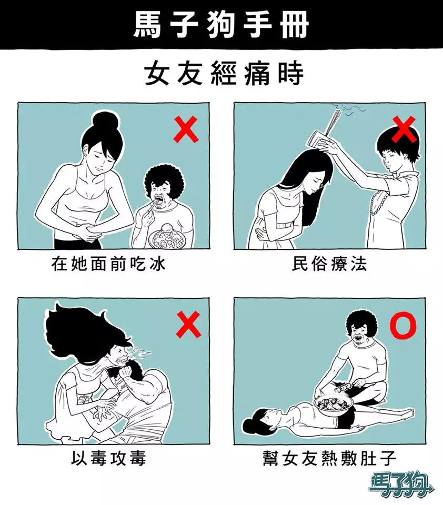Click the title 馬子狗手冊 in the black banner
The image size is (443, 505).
tap(221, 25)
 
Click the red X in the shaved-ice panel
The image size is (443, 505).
tap(186, 129)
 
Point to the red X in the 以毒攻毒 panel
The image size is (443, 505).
tap(189, 324)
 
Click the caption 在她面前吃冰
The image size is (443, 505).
tap(108, 265)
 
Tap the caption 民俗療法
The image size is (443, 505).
tap(329, 264)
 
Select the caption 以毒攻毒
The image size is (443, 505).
tap(108, 458)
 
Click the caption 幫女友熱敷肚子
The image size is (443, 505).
tap(329, 458)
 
